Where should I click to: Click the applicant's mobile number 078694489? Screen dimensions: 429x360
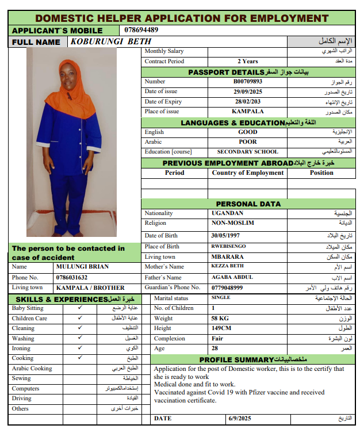tap(141, 30)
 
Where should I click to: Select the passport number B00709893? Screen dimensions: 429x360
tap(247, 82)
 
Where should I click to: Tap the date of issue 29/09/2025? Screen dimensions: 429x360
tap(247, 91)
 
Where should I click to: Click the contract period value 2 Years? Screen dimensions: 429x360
tap(247, 62)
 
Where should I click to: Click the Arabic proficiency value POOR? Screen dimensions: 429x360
tap(247, 142)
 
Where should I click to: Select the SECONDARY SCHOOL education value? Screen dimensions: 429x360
tap(247, 152)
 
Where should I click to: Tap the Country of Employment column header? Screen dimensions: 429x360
tap(247, 173)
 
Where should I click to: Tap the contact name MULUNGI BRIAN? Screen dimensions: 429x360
tap(83, 267)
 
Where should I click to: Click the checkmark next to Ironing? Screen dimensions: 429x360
tap(80, 348)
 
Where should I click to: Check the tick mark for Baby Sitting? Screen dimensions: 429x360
tap(80, 308)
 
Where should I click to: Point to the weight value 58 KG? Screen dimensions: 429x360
tap(220, 318)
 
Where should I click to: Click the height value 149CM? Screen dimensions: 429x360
tap(221, 328)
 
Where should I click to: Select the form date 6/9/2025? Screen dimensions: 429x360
tap(240, 419)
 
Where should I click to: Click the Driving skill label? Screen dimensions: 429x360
tap(22, 399)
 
